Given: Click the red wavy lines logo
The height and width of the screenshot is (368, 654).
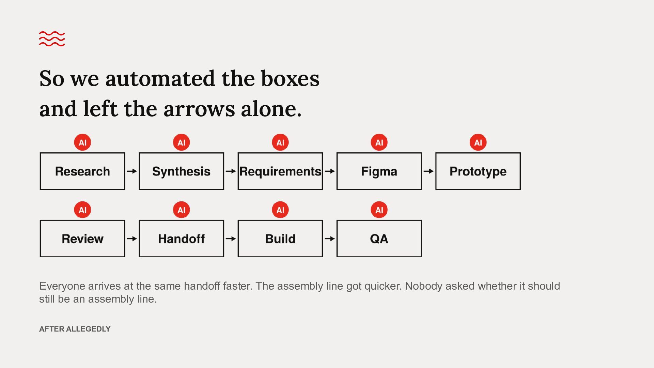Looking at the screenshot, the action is [x=52, y=39].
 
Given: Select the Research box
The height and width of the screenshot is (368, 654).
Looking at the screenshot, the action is [x=82, y=171].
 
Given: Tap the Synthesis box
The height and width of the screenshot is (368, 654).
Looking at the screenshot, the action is [x=181, y=171].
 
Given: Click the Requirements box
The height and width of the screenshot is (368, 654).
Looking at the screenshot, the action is [x=280, y=171].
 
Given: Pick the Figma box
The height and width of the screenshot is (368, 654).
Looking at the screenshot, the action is [x=379, y=171].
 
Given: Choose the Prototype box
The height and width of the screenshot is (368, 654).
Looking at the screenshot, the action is [x=478, y=171].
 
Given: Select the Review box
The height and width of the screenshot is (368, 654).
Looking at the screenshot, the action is [x=82, y=239].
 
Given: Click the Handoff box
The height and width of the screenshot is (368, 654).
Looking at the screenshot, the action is [x=181, y=239].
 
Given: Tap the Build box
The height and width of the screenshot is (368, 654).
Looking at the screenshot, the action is [x=280, y=239].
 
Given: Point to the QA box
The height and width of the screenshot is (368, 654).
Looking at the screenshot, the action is [x=379, y=239].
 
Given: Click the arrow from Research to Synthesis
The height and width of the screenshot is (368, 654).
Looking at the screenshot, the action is [x=132, y=171].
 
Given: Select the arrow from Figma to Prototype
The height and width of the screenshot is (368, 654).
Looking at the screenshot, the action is [x=429, y=171].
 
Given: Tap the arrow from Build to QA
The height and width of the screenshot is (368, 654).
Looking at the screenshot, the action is [x=330, y=239].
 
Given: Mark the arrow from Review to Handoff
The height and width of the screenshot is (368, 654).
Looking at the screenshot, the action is [x=132, y=239].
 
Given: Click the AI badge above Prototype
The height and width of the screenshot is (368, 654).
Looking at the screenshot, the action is [x=478, y=142].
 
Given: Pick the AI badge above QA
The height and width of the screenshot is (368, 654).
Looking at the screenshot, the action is [x=379, y=210].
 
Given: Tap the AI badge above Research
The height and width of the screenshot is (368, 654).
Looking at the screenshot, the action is [x=82, y=142].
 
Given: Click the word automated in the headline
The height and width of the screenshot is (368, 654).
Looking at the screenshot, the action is [x=160, y=78].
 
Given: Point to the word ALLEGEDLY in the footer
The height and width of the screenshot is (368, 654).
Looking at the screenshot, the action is [x=88, y=329].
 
